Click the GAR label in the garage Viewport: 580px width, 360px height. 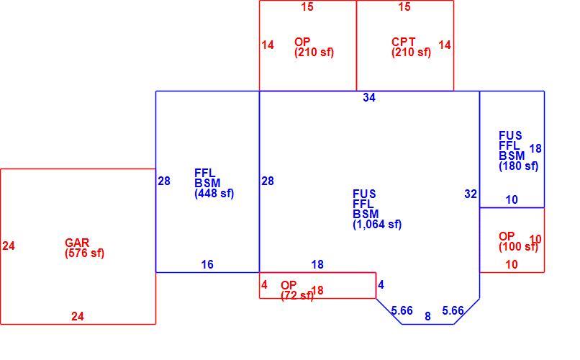(77, 243)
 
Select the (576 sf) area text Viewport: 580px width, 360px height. (84, 253)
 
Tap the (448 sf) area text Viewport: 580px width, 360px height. (214, 194)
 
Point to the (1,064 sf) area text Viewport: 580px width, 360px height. (377, 225)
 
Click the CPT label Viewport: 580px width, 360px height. (403, 42)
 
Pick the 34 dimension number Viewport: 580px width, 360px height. (369, 98)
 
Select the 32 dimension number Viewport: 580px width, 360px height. (471, 194)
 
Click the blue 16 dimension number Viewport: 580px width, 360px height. (207, 264)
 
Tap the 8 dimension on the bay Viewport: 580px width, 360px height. (427, 316)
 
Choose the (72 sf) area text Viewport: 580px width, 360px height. (297, 296)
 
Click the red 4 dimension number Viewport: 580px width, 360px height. (264, 284)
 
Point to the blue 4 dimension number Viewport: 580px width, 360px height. (381, 284)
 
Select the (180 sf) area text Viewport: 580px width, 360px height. (518, 166)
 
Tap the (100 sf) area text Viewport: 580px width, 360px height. (518, 246)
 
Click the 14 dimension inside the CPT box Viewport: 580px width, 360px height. (445, 45)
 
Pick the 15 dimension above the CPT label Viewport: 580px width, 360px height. (404, 6)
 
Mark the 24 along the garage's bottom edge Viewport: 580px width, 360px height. (77, 316)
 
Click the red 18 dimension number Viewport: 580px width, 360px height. (317, 290)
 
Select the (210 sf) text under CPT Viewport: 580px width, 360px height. (411, 52)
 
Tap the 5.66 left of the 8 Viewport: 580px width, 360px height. (402, 310)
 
